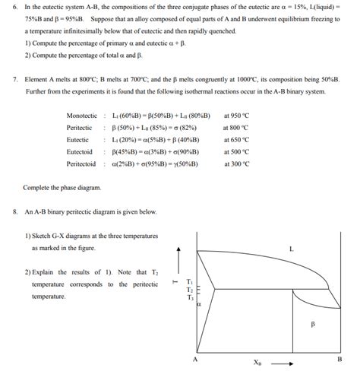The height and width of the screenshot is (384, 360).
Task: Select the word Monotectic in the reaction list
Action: pos(82,115)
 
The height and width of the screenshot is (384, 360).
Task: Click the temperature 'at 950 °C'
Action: pos(237,115)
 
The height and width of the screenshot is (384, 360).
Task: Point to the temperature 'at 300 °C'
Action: pos(237,163)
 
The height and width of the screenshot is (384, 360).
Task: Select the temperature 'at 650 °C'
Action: pos(237,139)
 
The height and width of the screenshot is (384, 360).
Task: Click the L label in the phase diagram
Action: pos(291,249)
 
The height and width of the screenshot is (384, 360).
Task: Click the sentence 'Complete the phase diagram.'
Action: pos(62,187)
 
